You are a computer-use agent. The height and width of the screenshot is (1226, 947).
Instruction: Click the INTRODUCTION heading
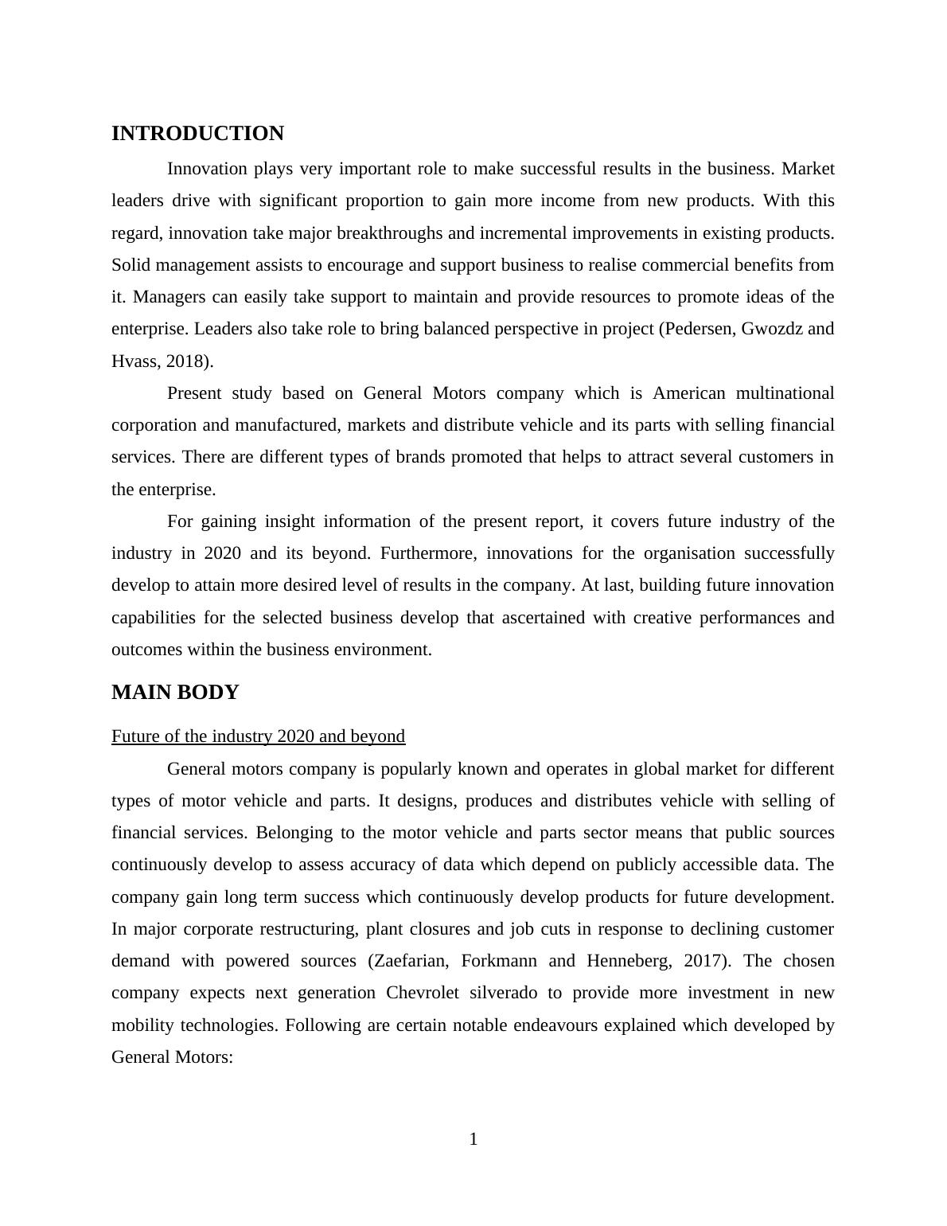pos(197,134)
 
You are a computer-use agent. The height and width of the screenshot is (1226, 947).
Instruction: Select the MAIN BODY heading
pos(175,693)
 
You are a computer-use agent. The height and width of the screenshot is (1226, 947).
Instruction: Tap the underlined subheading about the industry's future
pos(258,736)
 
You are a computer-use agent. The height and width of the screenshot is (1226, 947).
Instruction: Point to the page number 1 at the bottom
pos(473,1139)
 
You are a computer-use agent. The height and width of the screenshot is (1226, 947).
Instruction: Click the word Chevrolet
pos(423,993)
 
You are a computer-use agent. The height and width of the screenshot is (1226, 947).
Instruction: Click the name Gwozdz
pos(771,329)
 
